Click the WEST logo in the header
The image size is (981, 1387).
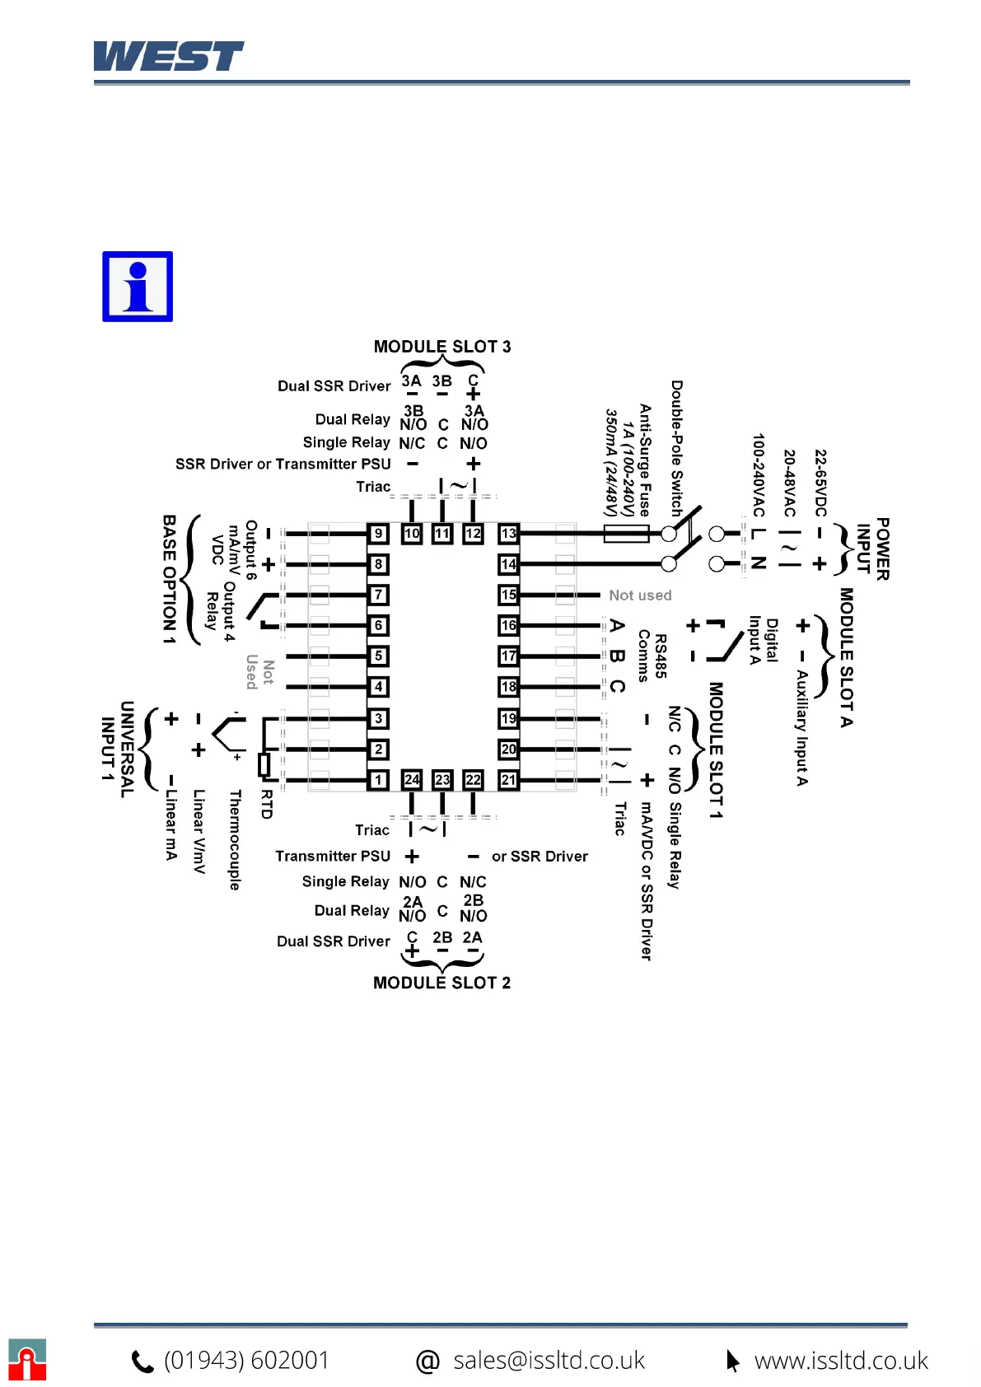[168, 56]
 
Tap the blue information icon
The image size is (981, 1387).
[138, 287]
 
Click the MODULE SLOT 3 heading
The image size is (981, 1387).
[441, 347]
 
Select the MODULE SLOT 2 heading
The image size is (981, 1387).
[441, 983]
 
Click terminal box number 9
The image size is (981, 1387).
[378, 533]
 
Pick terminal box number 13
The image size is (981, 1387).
[508, 533]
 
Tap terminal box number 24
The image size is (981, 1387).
[412, 779]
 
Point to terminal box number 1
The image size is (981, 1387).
[378, 779]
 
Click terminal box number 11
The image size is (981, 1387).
[442, 533]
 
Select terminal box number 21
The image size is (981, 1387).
[508, 779]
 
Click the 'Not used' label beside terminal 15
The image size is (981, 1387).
[640, 595]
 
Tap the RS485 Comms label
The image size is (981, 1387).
[652, 656]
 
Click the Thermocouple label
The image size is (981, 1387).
[235, 839]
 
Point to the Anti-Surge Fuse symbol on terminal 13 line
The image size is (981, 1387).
[626, 534]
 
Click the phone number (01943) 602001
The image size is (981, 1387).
[246, 1360]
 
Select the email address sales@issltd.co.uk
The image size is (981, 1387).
[549, 1360]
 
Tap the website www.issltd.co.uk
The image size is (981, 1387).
[841, 1360]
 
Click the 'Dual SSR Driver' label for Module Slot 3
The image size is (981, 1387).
[334, 386]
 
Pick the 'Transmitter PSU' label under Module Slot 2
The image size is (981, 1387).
[333, 857]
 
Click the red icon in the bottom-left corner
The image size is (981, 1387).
[27, 1360]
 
